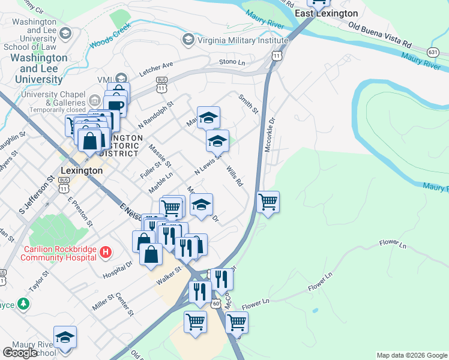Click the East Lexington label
click(x=327, y=13)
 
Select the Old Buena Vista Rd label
click(x=380, y=35)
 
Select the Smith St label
click(x=248, y=103)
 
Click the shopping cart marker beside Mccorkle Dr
click(x=268, y=202)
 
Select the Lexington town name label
click(x=81, y=170)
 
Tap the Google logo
click(x=20, y=353)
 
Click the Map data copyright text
click(x=412, y=355)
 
